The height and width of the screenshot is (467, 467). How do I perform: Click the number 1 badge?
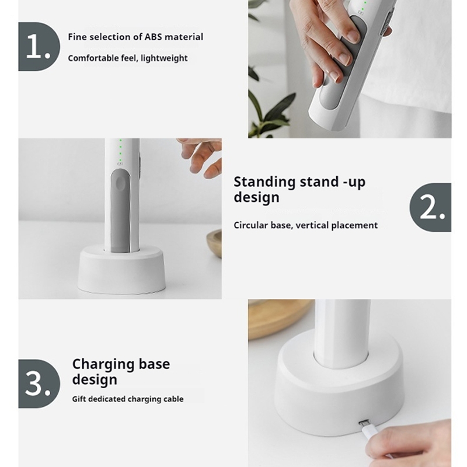tap(39, 47)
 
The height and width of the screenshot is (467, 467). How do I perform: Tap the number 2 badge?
tap(430, 208)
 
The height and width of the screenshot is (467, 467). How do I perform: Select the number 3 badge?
tap(39, 384)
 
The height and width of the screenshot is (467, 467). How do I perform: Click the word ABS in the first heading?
tap(153, 37)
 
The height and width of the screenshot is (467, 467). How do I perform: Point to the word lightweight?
tap(164, 58)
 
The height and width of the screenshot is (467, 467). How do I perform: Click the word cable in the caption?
tap(174, 399)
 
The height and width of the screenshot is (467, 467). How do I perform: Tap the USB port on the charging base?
tap(364, 422)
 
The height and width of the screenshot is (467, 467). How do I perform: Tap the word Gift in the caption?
tap(79, 399)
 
